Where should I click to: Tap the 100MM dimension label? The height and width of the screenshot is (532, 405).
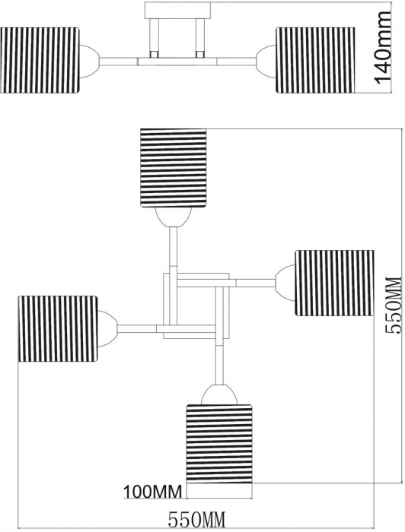(x=152, y=491)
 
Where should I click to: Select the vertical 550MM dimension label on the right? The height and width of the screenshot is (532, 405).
(x=394, y=305)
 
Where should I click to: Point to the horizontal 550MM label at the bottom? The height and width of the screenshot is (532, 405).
(x=197, y=519)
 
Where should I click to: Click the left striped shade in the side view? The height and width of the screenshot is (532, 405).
(x=40, y=60)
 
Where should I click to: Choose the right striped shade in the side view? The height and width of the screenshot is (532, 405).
(x=315, y=60)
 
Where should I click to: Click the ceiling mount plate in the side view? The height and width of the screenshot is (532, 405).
(x=177, y=10)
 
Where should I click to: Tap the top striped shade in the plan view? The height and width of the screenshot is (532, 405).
(x=174, y=167)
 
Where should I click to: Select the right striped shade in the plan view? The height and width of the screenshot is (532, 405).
(x=335, y=283)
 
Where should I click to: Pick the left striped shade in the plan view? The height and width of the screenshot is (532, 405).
(x=58, y=329)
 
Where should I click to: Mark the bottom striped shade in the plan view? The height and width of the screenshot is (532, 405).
(x=219, y=443)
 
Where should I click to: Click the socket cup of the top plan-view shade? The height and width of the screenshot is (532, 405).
(x=174, y=217)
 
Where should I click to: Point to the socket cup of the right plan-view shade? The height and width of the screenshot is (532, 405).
(x=285, y=283)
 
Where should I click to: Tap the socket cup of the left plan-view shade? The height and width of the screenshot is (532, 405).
(x=107, y=329)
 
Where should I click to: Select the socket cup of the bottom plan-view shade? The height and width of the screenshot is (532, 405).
(x=219, y=394)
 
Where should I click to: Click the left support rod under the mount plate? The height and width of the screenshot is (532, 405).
(x=155, y=38)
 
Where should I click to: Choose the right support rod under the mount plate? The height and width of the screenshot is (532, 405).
(x=199, y=38)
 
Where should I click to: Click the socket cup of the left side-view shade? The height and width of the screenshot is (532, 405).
(x=89, y=61)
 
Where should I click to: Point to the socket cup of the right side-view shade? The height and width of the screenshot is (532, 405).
(x=266, y=61)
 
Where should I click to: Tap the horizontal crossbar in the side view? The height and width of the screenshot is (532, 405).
(x=177, y=62)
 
